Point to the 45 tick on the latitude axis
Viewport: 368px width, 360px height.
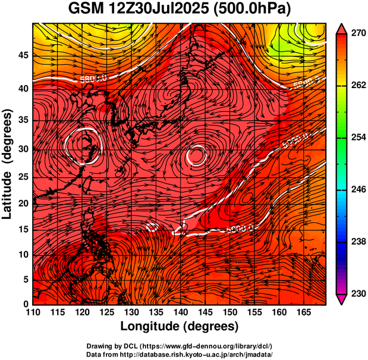(23, 55)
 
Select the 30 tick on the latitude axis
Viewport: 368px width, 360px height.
(23, 149)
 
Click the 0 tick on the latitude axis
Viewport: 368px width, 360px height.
(26, 304)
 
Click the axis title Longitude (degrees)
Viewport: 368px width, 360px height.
(180, 327)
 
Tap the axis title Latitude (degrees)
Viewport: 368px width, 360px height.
(8, 164)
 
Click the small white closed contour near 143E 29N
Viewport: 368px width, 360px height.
(196, 156)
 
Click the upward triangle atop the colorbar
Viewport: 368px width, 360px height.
(342, 28)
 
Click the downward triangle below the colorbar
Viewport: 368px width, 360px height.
(342, 299)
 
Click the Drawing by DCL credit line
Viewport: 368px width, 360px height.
(179, 346)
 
